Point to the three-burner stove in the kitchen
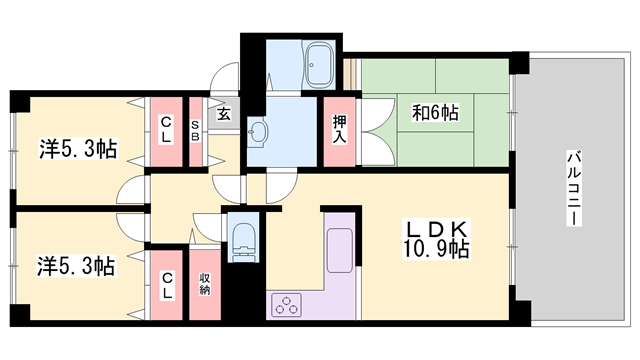[x=286, y=302]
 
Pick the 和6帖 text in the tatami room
[x=435, y=113]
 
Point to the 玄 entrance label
[x=224, y=113]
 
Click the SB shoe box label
[x=197, y=129]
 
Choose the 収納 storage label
[x=204, y=282]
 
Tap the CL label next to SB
[x=165, y=130]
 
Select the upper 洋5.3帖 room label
[x=77, y=149]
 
